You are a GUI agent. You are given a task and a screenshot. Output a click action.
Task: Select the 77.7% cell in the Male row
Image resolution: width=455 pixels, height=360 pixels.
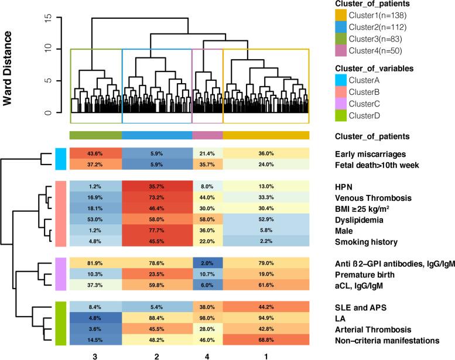tap(157, 230)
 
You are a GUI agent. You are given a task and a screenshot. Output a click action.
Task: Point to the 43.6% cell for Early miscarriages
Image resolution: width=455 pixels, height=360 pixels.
tap(95, 153)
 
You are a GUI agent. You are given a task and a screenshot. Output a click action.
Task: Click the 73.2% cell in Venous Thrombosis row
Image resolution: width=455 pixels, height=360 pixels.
tap(157, 197)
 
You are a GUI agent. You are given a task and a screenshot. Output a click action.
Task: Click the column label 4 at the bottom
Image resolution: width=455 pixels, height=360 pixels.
tap(207, 354)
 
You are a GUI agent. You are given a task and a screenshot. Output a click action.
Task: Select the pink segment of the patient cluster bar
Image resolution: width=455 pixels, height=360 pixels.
tap(207, 135)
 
